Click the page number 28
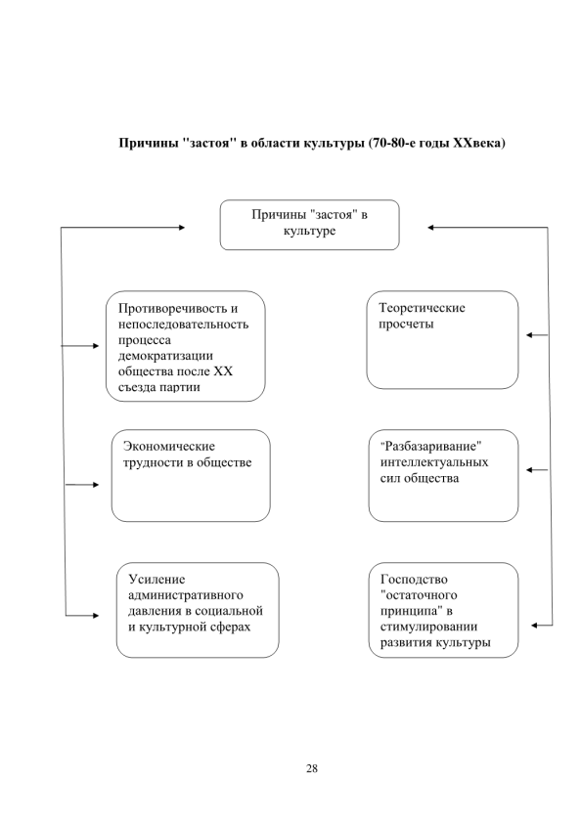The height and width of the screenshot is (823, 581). (x=311, y=768)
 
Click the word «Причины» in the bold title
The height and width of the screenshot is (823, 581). (x=148, y=143)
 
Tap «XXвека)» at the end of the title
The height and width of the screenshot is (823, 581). (x=478, y=143)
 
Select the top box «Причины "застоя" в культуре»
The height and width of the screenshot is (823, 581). (x=309, y=225)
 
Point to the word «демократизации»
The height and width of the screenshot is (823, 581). (x=165, y=356)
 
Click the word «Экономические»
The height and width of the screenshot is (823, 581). (x=168, y=446)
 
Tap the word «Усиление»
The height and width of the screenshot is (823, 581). (x=156, y=580)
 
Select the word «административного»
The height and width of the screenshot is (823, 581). (x=186, y=595)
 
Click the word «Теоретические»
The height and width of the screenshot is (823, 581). (x=422, y=308)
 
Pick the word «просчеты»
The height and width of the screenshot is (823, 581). (x=406, y=324)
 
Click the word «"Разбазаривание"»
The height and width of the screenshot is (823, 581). (x=430, y=446)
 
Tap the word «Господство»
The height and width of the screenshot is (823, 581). (x=414, y=580)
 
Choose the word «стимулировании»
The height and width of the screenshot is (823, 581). (x=428, y=627)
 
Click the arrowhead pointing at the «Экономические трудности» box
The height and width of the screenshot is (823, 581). (x=95, y=485)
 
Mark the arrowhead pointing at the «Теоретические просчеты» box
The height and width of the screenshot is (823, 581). (x=529, y=335)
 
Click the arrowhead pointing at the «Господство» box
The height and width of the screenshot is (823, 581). (x=534, y=626)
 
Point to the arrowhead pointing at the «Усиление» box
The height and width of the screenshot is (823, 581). (x=95, y=615)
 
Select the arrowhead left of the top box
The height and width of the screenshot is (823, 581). (x=182, y=228)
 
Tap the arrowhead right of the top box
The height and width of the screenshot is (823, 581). (x=430, y=228)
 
